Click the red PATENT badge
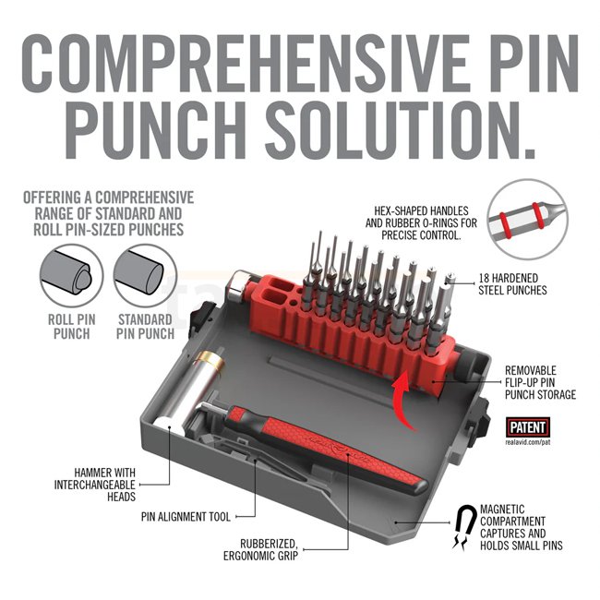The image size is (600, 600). click(x=528, y=427)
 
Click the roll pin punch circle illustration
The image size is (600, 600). click(x=71, y=276)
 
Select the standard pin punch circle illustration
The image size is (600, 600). click(x=145, y=276)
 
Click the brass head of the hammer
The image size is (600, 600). click(x=210, y=360)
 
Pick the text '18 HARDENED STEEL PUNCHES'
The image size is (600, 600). click(x=512, y=284)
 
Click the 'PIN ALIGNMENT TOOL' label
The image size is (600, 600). click(x=186, y=517)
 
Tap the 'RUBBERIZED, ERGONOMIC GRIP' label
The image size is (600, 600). click(x=261, y=549)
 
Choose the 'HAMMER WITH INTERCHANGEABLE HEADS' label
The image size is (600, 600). click(x=95, y=485)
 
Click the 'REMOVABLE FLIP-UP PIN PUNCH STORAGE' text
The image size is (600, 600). click(x=540, y=382)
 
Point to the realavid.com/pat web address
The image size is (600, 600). click(x=528, y=442)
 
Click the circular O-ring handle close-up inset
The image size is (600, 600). click(x=528, y=220)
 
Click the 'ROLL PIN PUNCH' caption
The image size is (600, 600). click(x=72, y=327)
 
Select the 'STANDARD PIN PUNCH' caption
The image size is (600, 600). click(x=145, y=327)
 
